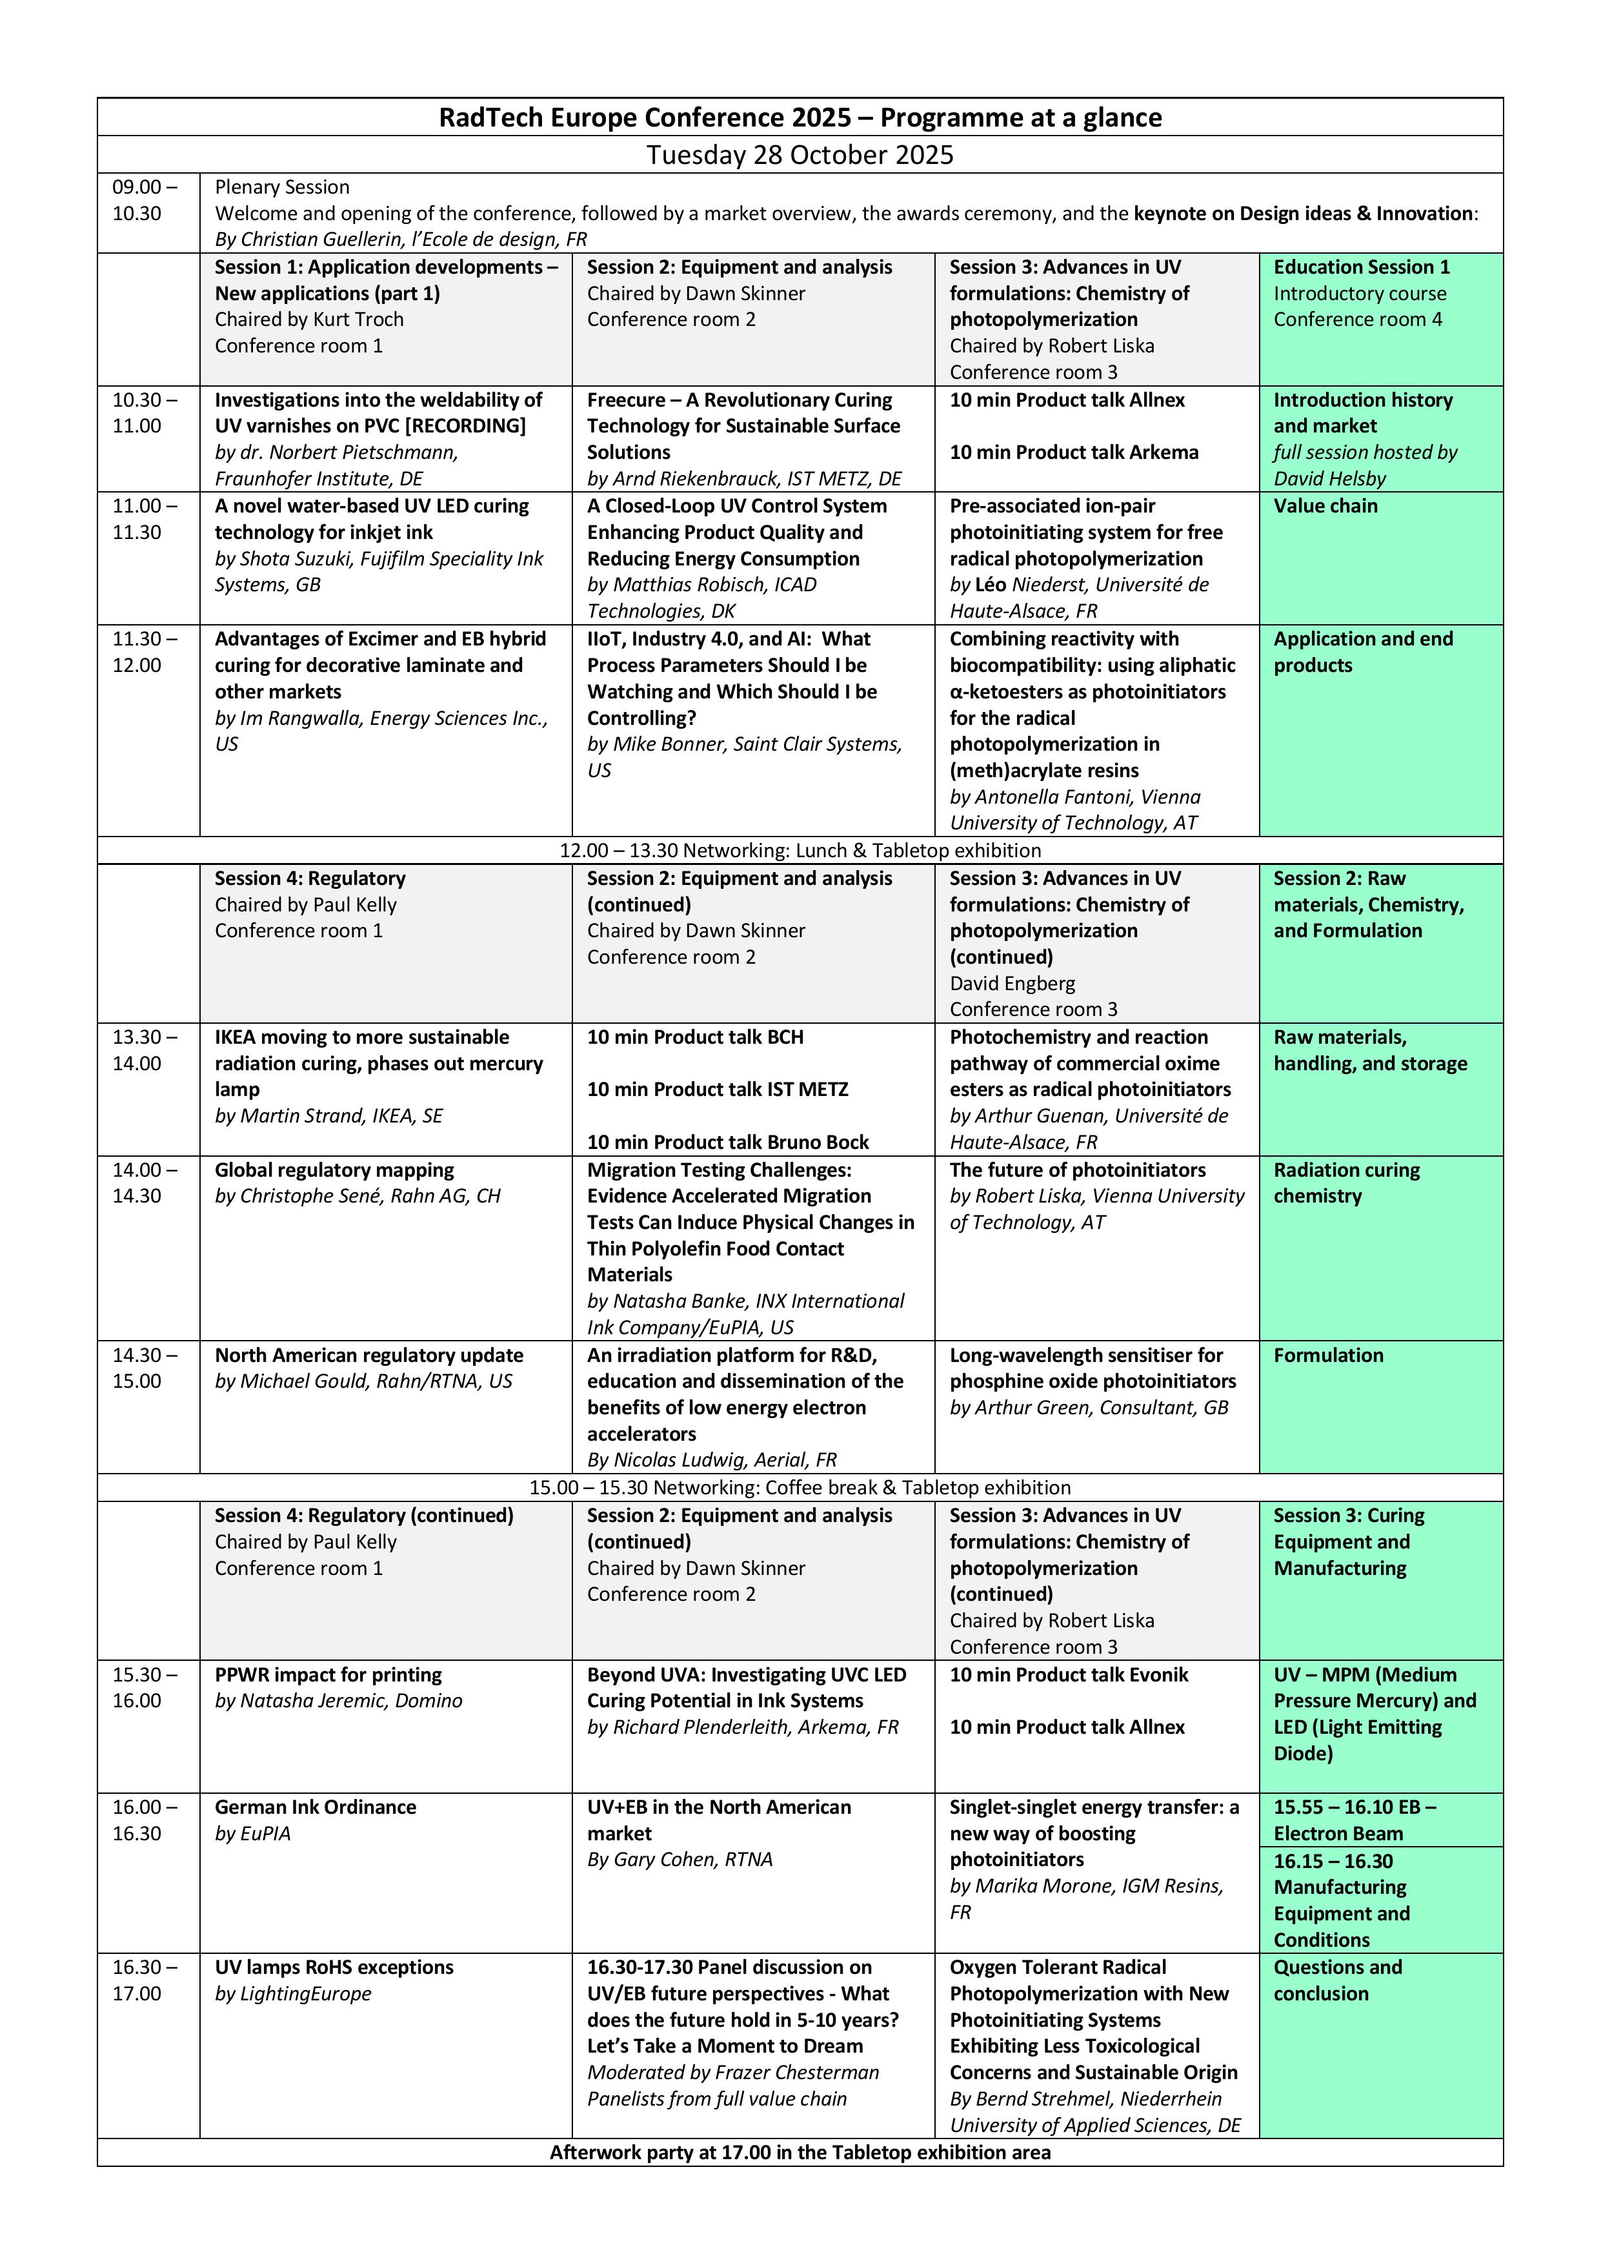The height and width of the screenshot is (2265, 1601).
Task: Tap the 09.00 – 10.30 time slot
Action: pos(145,200)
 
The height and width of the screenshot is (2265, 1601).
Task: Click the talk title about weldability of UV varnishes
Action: pos(378,412)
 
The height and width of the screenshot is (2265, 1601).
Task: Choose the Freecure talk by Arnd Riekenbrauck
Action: pos(743,426)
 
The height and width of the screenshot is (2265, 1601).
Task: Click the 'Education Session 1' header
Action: pos(1362,267)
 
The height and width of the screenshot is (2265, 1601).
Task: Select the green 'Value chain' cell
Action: pos(1325,506)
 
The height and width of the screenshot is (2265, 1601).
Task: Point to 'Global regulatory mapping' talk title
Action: pos(334,1170)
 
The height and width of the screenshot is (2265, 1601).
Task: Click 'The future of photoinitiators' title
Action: pos(1077,1170)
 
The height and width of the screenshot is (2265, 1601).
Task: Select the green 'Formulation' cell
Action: pos(1328,1356)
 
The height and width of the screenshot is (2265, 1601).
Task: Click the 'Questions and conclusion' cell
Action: pos(1336,1980)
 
